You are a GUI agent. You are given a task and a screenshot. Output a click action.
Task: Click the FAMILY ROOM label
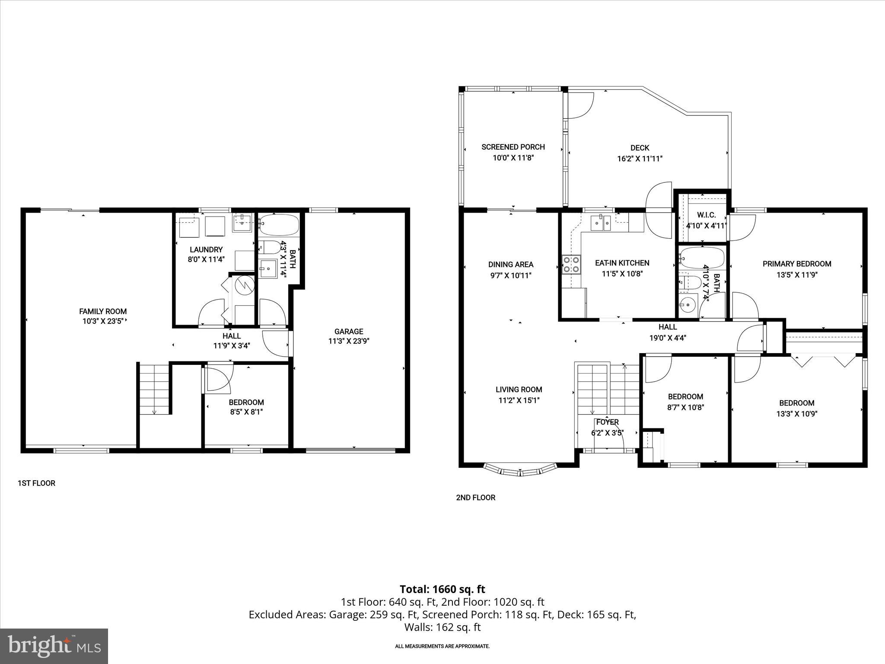point(103,311)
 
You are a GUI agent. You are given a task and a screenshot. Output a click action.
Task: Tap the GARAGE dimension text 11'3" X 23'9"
point(348,341)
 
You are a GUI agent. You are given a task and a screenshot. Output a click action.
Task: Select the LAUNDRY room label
point(206,249)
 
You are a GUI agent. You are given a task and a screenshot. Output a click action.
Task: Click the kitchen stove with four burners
point(571,265)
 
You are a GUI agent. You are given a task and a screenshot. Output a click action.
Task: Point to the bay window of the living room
point(520,470)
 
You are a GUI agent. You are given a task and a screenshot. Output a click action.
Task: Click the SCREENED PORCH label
point(513,147)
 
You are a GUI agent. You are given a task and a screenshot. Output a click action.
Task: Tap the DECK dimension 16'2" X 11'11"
point(640,159)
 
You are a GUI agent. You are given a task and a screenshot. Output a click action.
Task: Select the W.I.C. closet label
point(707,215)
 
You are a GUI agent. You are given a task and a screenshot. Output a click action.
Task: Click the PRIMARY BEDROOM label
point(796,264)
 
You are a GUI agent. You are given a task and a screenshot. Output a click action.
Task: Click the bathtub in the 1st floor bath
point(279,224)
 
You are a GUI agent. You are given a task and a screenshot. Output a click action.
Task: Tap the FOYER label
point(607,422)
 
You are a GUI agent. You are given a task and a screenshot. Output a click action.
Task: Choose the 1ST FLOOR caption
point(36,483)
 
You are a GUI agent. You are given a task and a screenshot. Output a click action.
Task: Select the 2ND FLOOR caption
point(475,498)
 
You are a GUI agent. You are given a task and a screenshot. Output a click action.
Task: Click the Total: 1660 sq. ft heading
point(442,589)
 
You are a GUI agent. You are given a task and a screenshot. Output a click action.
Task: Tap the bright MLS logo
point(54,646)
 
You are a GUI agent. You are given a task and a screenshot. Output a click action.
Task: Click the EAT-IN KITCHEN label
point(622,263)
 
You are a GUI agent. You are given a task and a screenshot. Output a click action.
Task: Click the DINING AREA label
point(511,265)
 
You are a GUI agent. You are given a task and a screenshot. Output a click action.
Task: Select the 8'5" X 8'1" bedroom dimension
point(246,412)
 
